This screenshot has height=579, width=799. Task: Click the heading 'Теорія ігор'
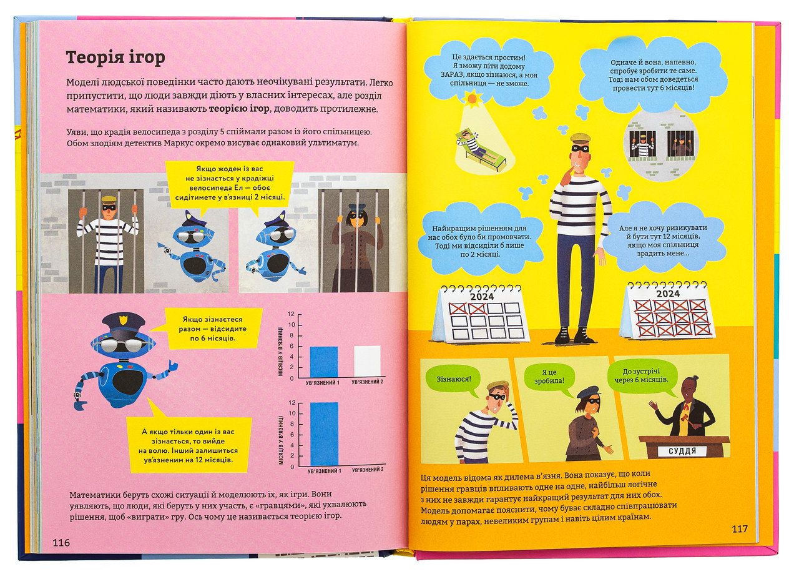pyautogui.click(x=115, y=58)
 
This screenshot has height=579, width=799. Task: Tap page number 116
pyautogui.click(x=61, y=543)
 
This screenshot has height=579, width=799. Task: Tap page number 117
pyautogui.click(x=740, y=528)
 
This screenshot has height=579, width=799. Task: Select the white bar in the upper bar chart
pyautogui.click(x=368, y=362)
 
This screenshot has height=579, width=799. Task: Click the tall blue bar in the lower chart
pyautogui.click(x=324, y=435)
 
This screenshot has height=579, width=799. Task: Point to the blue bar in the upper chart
pyautogui.click(x=324, y=362)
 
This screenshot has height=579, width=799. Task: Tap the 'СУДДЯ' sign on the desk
pyautogui.click(x=682, y=451)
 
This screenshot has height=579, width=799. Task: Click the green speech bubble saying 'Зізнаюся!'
pyautogui.click(x=454, y=380)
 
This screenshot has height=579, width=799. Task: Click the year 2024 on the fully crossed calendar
pyautogui.click(x=668, y=294)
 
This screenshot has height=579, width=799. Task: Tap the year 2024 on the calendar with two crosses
pyautogui.click(x=483, y=297)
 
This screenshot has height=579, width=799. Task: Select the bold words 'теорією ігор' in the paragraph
pyautogui.click(x=239, y=109)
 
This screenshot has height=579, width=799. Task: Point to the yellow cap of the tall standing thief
pyautogui.click(x=581, y=138)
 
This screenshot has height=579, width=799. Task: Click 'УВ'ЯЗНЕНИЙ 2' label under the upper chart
pyautogui.click(x=367, y=382)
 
